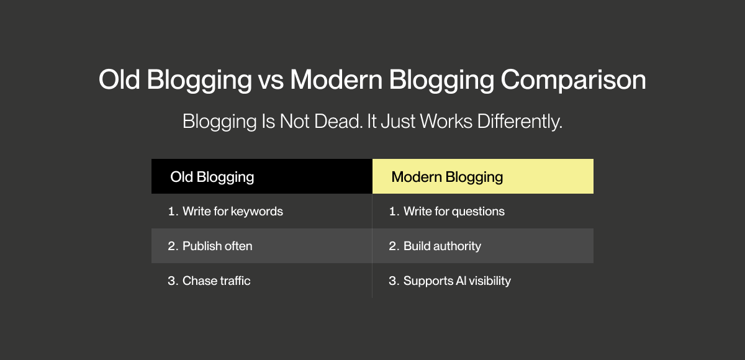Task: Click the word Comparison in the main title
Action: point(573,80)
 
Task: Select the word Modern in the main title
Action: point(336,79)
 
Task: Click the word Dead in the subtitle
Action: point(338,121)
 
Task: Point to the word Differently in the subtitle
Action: point(520,122)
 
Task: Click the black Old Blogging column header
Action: point(262,176)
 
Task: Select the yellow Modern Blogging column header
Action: point(483,176)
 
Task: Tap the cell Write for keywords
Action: point(262,211)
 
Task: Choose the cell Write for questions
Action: point(483,211)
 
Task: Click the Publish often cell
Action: point(262,246)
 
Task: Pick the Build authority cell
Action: point(483,246)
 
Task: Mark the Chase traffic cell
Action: point(262,281)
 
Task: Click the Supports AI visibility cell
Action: point(483,281)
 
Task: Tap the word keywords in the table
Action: point(257,212)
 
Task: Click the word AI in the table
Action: point(461,281)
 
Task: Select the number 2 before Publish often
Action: point(172,246)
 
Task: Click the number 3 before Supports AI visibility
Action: point(393,281)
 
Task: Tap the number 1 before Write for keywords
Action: point(171,212)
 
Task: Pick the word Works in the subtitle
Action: point(446,121)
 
